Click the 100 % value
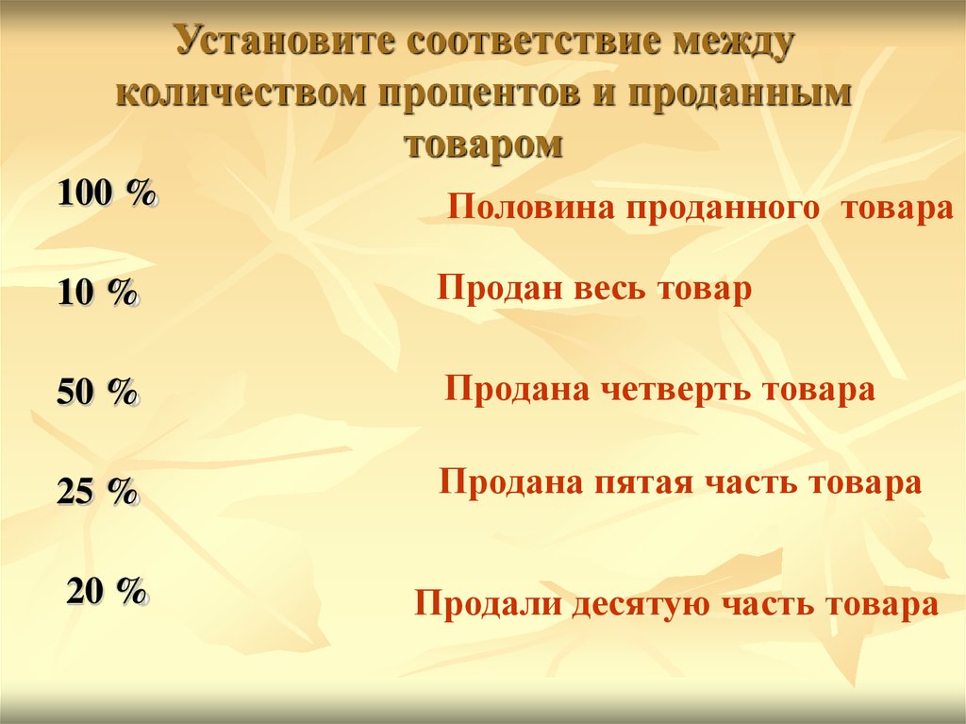coord(108,194)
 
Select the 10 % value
coord(98,292)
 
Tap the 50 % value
coord(98,391)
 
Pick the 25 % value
coord(98,492)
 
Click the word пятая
coord(643,483)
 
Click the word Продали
coord(488,604)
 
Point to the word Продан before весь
coord(500,289)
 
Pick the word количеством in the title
coord(241,93)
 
